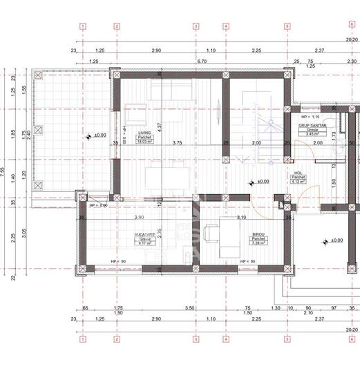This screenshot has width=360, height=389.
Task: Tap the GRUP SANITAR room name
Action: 313,126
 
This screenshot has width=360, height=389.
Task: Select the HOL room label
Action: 299,173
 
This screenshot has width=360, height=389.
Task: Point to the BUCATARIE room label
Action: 145,235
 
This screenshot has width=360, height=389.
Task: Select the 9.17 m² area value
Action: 145,243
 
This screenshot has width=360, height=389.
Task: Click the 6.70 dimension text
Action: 202,61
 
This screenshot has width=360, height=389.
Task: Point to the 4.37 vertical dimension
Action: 159,126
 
